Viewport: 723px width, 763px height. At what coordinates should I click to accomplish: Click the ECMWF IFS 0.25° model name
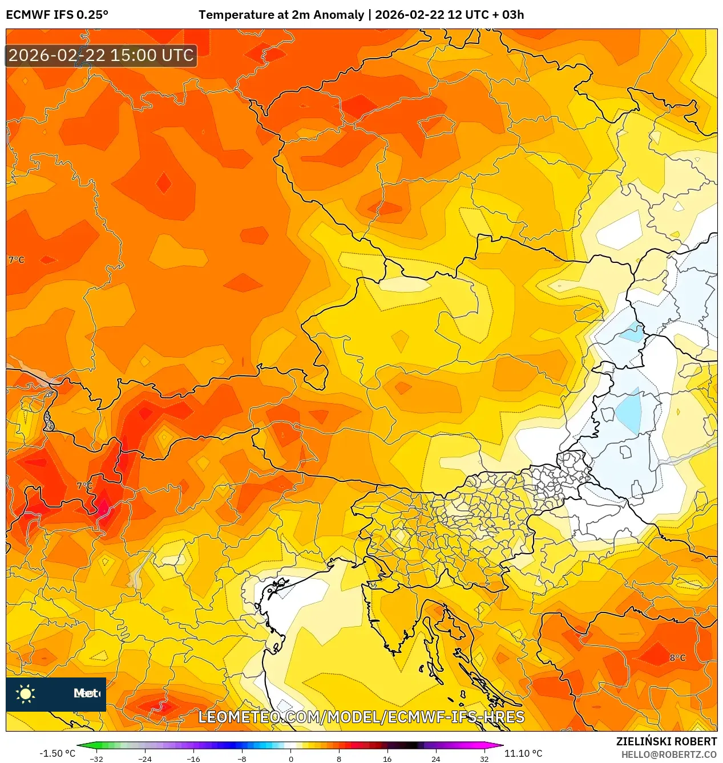(57, 15)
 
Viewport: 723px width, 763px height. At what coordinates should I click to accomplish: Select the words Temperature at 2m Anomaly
(281, 15)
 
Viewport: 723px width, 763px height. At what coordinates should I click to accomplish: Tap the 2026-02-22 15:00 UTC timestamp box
(101, 55)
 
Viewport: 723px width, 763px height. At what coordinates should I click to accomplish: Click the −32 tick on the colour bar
(96, 758)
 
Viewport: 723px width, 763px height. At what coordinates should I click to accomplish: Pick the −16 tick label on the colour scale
(193, 758)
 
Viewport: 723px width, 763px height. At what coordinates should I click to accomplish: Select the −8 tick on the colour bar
(242, 758)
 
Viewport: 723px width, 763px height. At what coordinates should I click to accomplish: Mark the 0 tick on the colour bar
(291, 758)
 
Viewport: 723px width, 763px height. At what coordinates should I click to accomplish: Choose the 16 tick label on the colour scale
(387, 758)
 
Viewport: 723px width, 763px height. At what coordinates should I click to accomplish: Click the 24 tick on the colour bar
(435, 758)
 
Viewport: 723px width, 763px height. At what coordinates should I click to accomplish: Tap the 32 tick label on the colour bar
(484, 758)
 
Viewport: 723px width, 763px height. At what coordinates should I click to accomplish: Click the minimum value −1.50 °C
(57, 753)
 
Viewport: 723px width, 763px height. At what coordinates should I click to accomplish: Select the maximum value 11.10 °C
(523, 753)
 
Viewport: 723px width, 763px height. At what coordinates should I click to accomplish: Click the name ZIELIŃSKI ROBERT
(666, 741)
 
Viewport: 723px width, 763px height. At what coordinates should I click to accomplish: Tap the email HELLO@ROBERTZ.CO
(669, 754)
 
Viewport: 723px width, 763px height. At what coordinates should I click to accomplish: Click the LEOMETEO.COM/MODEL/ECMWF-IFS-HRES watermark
(361, 717)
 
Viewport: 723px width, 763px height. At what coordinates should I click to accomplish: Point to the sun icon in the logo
(26, 693)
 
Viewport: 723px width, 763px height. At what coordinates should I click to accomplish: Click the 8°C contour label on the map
(677, 658)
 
